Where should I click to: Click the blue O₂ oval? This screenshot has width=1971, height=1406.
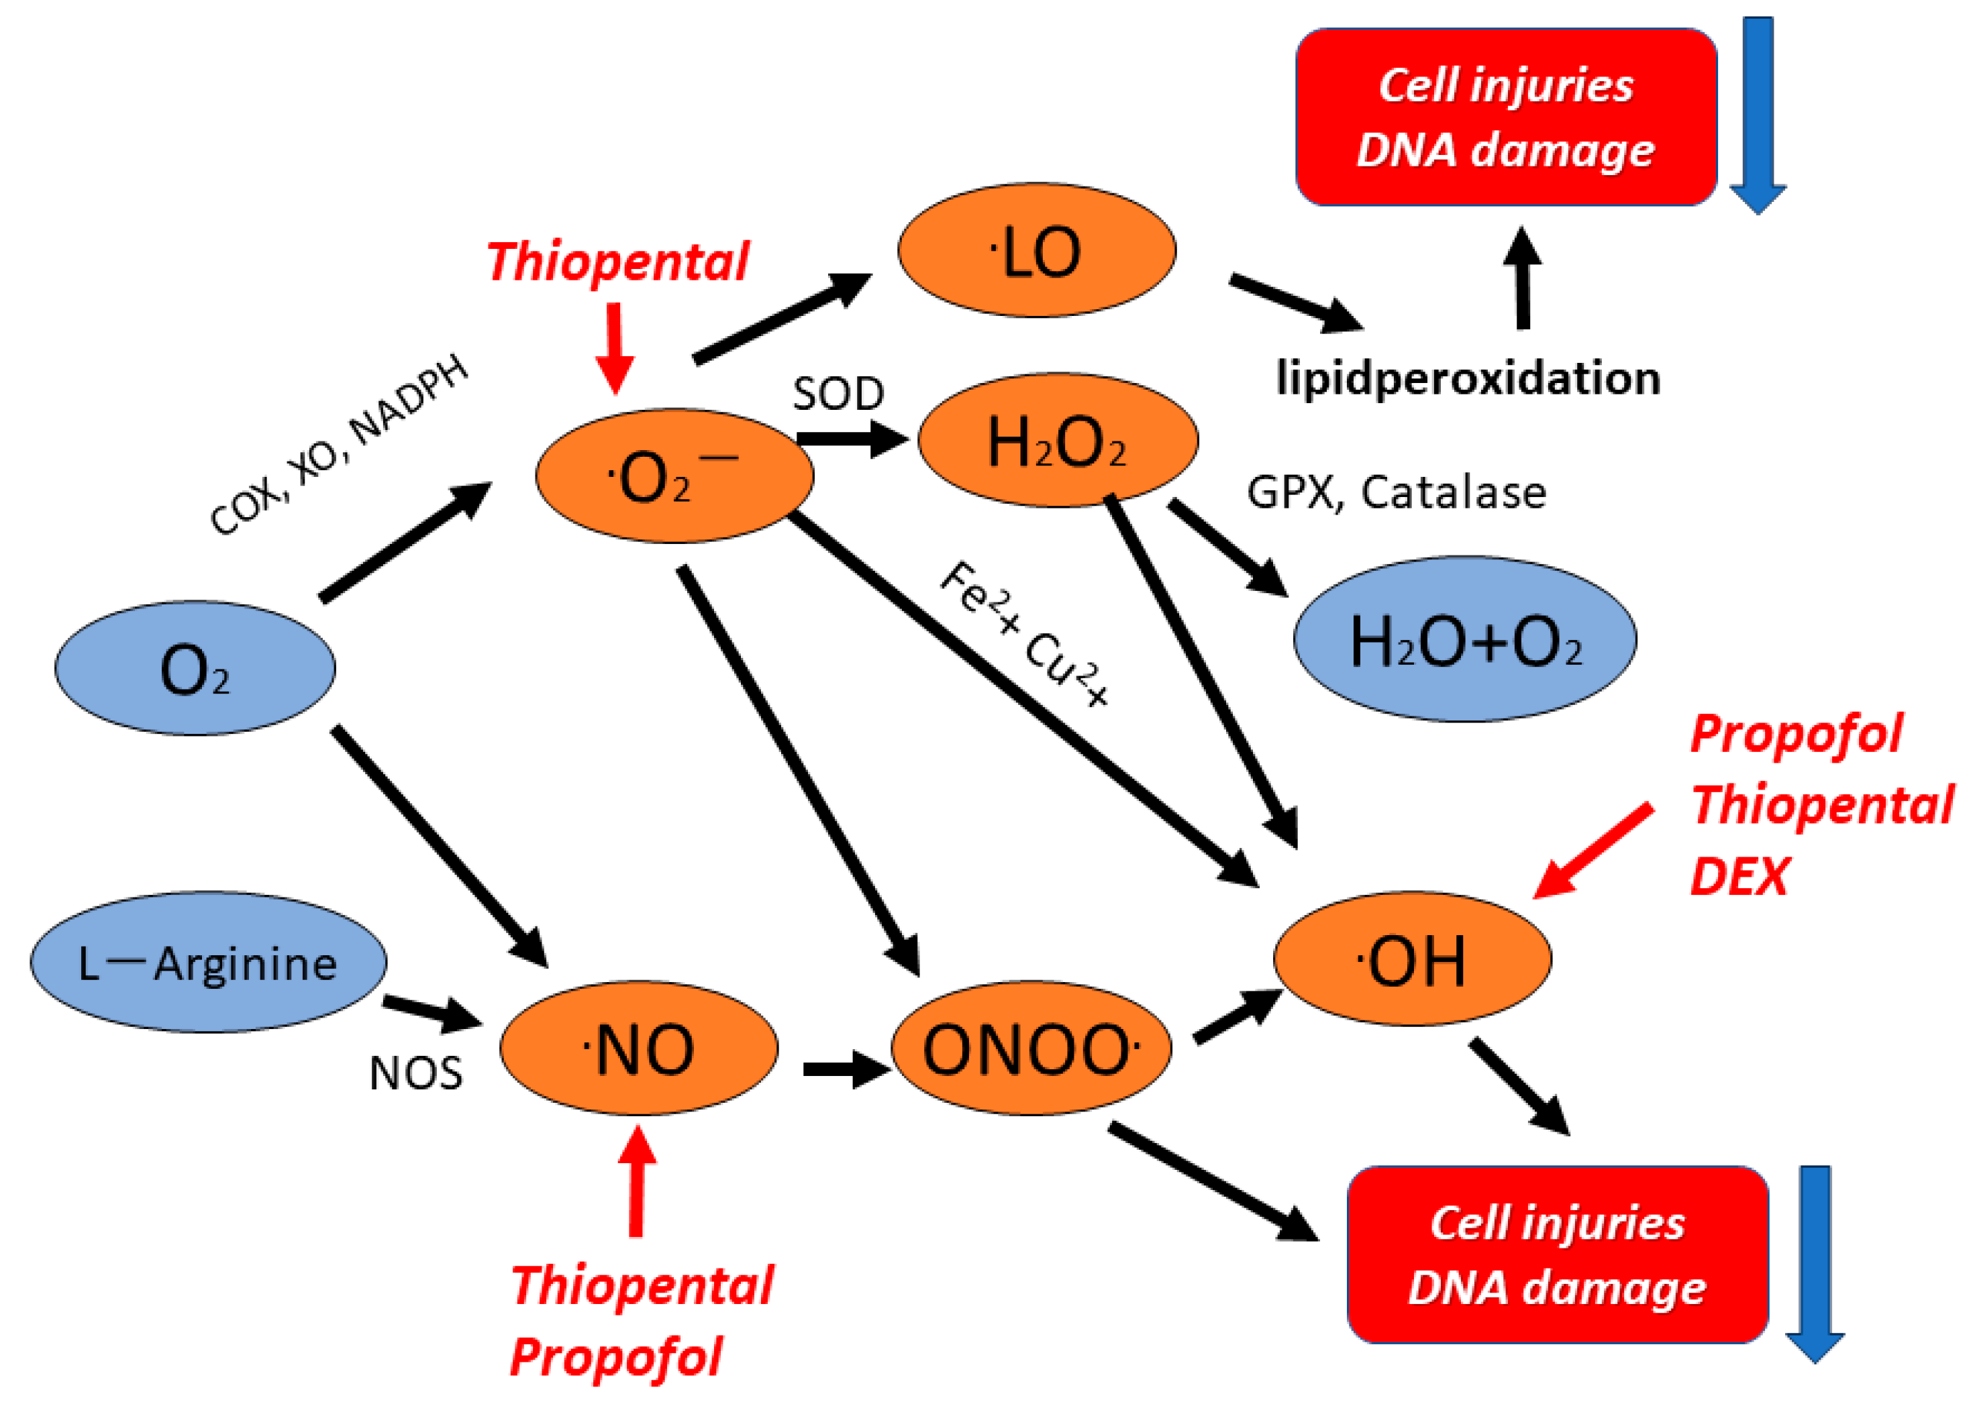point(195,668)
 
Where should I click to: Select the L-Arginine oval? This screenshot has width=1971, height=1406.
point(208,963)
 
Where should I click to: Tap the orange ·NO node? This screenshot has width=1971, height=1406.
point(638,1048)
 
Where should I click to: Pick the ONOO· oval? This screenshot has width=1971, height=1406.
point(1031,1048)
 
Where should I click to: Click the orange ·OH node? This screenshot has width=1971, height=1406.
point(1411,959)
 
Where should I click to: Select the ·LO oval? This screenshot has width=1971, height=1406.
point(1037,251)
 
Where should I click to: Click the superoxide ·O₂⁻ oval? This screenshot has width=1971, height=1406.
point(674,476)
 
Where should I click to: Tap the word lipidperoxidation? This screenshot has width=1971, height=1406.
point(1468,378)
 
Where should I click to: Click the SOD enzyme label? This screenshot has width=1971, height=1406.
point(838,394)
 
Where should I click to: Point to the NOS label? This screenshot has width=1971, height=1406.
point(415,1073)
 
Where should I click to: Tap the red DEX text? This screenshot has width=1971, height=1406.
point(1739,876)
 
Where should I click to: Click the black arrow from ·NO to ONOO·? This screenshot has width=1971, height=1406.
point(844,1069)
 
